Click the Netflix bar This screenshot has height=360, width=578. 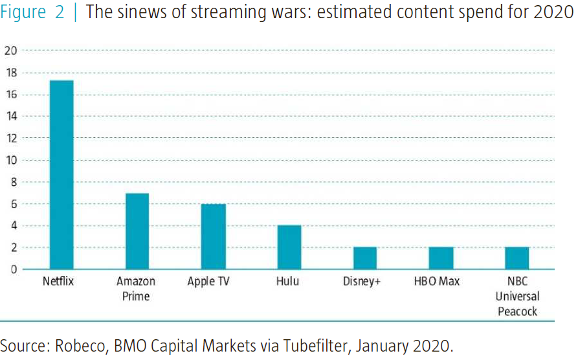pyautogui.click(x=61, y=175)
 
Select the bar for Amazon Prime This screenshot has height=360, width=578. pyautogui.click(x=137, y=231)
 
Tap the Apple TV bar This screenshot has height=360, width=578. pyautogui.click(x=214, y=237)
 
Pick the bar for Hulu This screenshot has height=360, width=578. pyautogui.click(x=289, y=247)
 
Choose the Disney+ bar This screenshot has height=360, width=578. pyautogui.click(x=365, y=258)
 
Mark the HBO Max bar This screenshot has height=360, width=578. pyautogui.click(x=441, y=258)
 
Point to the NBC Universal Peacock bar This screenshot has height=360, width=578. pyautogui.click(x=517, y=258)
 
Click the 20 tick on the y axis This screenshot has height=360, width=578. pyautogui.click(x=11, y=51)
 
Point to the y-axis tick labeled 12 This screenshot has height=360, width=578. pyautogui.click(x=11, y=139)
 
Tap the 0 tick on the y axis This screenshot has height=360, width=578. pyautogui.click(x=14, y=269)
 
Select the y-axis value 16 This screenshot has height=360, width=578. pyautogui.click(x=11, y=95)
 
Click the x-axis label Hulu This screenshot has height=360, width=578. pyautogui.click(x=287, y=281)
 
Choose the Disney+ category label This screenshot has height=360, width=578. pyautogui.click(x=361, y=281)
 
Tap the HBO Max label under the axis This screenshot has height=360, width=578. pyautogui.click(x=437, y=281)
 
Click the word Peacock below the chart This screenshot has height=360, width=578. pyautogui.click(x=518, y=311)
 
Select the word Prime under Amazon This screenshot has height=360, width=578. pyautogui.click(x=136, y=296)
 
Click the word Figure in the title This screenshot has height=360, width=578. pyautogui.click(x=23, y=12)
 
